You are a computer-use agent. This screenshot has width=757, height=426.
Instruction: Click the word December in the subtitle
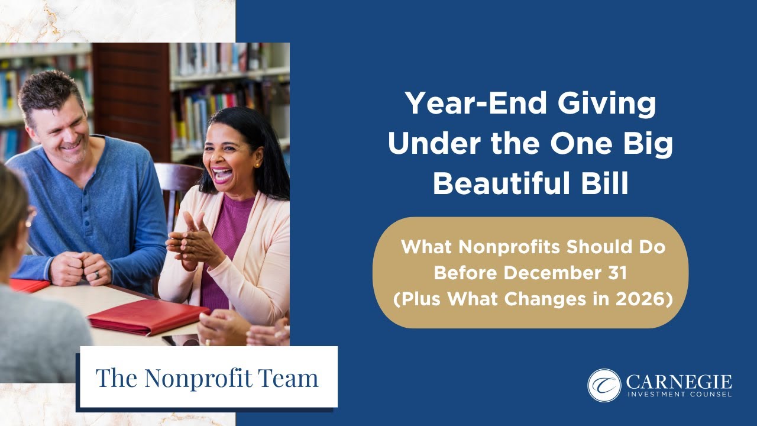click(x=554, y=273)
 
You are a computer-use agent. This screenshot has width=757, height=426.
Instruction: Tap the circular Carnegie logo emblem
click(x=604, y=385)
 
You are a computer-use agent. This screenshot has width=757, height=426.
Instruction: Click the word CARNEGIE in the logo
click(x=678, y=382)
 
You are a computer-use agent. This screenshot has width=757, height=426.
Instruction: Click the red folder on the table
click(x=148, y=315)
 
